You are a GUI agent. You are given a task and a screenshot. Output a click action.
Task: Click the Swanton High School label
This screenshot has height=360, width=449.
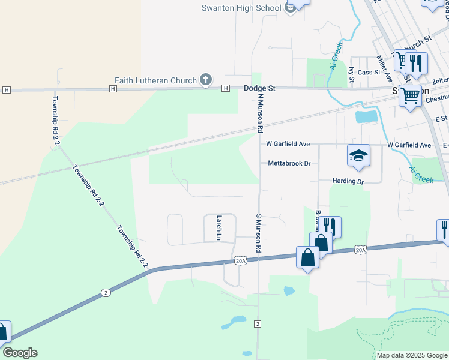[x=241, y=8]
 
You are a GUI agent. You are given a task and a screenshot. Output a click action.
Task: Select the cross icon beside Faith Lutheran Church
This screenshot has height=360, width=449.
[x=205, y=80]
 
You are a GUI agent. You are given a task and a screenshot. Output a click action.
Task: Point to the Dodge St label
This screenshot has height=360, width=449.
[x=259, y=88]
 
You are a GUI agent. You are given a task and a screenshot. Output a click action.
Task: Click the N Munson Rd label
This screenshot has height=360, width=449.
[x=261, y=112]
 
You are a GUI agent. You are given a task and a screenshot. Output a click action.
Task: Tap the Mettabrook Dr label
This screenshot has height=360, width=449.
[x=289, y=163]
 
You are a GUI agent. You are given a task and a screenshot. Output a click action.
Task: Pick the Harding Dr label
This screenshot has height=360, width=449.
[x=348, y=181]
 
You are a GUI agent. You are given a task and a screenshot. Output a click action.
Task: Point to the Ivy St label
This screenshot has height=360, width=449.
[x=351, y=74]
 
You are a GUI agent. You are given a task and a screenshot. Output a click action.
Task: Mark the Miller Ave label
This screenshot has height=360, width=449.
[x=384, y=69]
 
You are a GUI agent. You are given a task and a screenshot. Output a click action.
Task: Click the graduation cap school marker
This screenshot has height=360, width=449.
[x=358, y=155]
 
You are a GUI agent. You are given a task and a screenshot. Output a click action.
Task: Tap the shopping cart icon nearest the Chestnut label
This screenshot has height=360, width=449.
[x=411, y=95]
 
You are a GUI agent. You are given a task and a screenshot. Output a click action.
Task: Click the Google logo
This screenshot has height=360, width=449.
[x=20, y=353]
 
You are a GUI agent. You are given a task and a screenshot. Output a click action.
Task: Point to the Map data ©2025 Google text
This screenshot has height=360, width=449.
[x=412, y=355]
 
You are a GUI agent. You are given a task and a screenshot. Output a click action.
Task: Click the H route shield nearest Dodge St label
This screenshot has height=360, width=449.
[x=226, y=88]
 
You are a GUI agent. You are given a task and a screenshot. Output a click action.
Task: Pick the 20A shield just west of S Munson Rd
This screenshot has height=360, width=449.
[x=240, y=260]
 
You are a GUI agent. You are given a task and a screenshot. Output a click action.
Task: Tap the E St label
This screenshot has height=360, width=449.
[x=441, y=119]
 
